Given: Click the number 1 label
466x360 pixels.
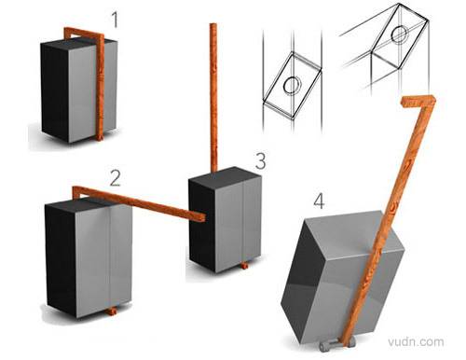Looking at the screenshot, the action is [116, 21].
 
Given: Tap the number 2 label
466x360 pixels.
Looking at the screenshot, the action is [115, 178].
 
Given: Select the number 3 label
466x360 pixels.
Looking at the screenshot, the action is [260, 161].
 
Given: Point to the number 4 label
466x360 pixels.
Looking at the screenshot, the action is [319, 201].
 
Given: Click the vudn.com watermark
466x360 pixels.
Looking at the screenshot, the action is [417, 341].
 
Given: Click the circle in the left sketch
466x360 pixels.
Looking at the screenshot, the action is [292, 85].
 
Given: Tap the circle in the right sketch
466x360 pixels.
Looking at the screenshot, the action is [399, 35].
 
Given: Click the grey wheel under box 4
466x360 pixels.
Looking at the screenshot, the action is [336, 344].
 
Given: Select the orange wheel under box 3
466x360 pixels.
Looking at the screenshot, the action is [244, 266].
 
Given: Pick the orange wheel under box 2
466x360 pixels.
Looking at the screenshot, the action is [113, 311].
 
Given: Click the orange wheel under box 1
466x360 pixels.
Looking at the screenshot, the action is [100, 137].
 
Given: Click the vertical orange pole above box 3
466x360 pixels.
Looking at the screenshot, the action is [213, 97].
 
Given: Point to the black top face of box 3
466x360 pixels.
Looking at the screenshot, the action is [225, 175].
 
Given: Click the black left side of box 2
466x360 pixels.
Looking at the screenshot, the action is [62, 258].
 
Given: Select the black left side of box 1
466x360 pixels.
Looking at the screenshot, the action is [55, 92].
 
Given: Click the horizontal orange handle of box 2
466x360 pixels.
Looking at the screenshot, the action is [139, 203].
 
